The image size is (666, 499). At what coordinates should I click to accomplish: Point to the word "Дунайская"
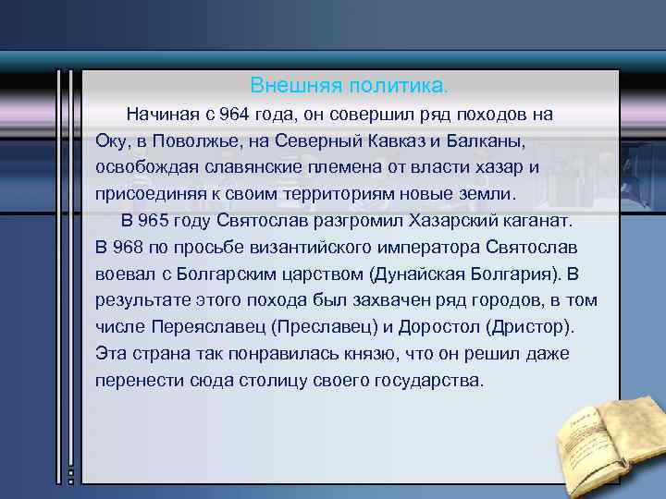coord(416,274)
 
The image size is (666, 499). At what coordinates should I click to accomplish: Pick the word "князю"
coord(360,354)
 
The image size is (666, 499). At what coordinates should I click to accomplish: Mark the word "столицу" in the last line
coord(265,381)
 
